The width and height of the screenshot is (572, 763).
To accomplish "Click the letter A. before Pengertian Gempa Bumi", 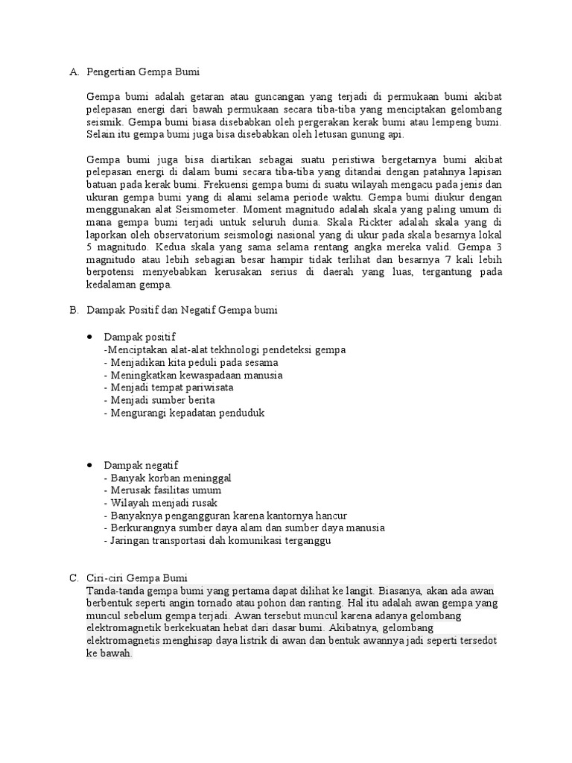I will pyautogui.click(x=73, y=72).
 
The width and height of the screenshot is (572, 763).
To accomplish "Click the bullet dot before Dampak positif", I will pyautogui.click(x=90, y=338).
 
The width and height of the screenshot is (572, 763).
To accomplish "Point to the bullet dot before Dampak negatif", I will pyautogui.click(x=90, y=465).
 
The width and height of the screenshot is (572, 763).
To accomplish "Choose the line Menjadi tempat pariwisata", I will pyautogui.click(x=169, y=387).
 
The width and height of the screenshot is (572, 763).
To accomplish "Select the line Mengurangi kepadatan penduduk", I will pyautogui.click(x=184, y=413).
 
